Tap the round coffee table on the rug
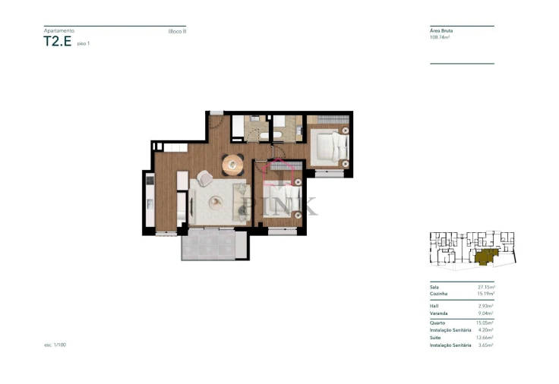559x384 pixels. (x=216, y=201)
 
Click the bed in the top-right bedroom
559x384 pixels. (x=328, y=146)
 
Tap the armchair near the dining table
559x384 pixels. (x=205, y=178)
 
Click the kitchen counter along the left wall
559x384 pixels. (x=149, y=200)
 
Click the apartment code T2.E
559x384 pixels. (x=58, y=42)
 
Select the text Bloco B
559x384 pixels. (x=177, y=31)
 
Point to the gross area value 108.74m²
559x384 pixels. (x=440, y=37)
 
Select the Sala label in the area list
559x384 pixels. (x=434, y=288)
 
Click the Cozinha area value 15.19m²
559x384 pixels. (x=485, y=294)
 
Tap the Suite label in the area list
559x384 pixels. (x=435, y=338)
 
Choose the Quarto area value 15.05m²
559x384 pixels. (x=485, y=323)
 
